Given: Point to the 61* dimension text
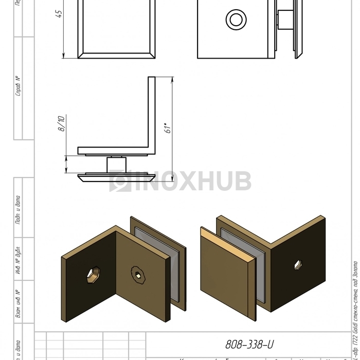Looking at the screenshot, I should click(167, 128).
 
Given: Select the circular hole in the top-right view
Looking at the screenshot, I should click(236, 20).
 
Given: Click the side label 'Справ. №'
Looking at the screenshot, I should click(19, 86).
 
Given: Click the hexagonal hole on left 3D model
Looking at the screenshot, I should click(92, 275).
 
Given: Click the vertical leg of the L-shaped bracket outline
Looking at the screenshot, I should click(152, 113).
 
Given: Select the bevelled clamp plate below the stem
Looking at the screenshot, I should click(116, 178).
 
